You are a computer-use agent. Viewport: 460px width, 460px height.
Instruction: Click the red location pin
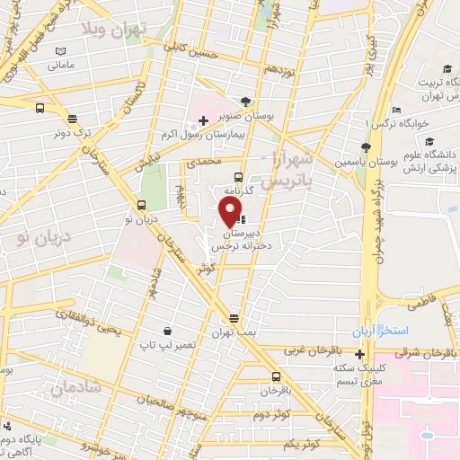click(231, 211)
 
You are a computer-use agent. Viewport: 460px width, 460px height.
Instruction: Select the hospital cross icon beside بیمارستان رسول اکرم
click(204, 119)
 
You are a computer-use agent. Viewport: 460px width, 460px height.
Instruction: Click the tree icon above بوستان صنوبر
click(246, 101)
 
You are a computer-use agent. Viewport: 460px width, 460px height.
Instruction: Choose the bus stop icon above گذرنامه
click(237, 176)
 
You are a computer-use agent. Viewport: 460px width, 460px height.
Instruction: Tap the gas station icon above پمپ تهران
click(234, 318)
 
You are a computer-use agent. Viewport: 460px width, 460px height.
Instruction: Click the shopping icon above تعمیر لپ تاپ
click(166, 330)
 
